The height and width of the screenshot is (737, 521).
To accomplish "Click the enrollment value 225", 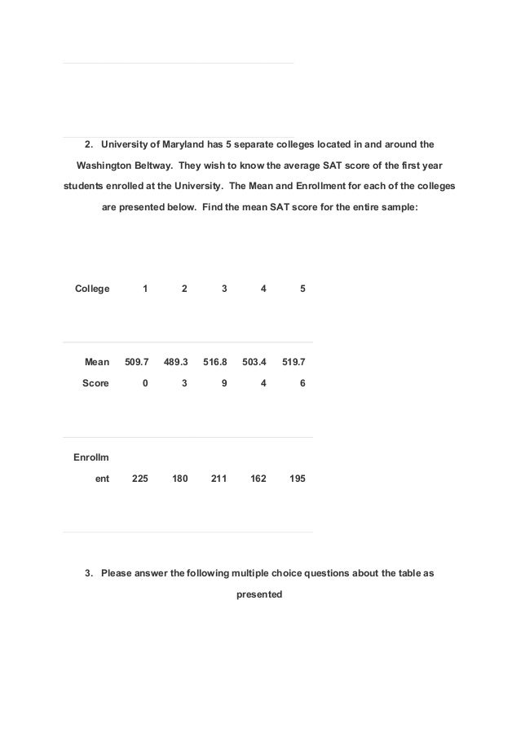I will click(x=139, y=479).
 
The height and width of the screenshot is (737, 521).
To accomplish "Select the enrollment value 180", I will click(x=179, y=479).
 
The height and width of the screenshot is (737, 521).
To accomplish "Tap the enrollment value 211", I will click(x=219, y=479).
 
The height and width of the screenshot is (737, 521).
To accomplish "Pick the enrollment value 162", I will click(x=258, y=479).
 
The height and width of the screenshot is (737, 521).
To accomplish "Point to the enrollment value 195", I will click(x=298, y=479).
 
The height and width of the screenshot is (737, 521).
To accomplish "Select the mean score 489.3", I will click(x=176, y=362).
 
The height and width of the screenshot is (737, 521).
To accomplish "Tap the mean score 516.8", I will click(x=216, y=362).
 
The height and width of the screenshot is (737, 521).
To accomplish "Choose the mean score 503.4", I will click(x=255, y=362).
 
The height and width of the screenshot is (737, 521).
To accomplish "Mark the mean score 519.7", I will click(x=295, y=362).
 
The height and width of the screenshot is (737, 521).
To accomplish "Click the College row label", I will click(x=92, y=289).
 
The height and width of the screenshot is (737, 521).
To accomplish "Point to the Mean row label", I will click(x=97, y=362).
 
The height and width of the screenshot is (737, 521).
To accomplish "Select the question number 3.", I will click(x=88, y=573).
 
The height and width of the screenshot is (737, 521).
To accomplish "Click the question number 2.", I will click(x=88, y=146).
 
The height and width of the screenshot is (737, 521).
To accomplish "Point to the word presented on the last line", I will click(x=259, y=594).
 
